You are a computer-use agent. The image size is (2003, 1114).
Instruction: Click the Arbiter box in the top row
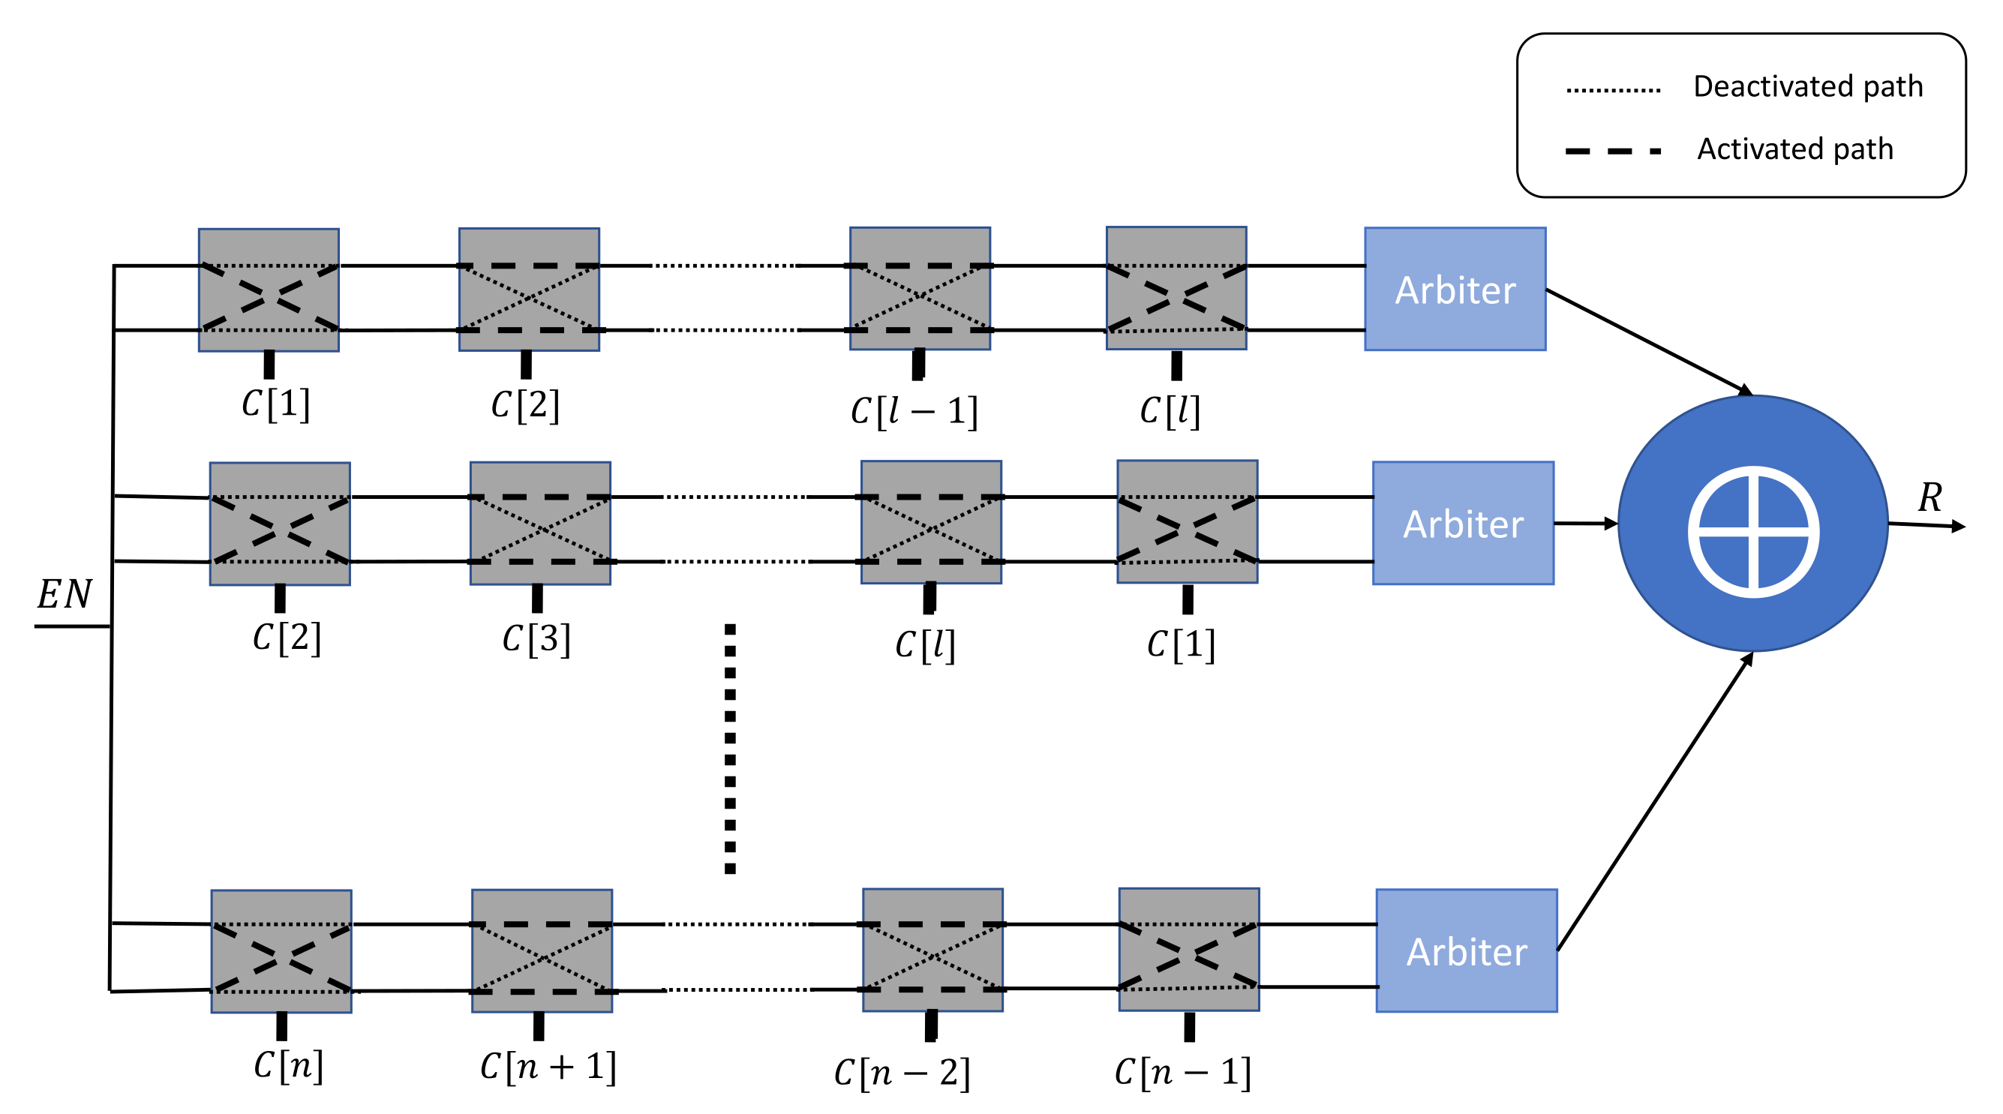(1455, 289)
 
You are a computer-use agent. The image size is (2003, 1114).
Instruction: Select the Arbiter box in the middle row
(1463, 523)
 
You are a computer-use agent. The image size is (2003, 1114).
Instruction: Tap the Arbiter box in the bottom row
(1467, 950)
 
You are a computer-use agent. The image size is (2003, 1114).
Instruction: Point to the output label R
(1930, 497)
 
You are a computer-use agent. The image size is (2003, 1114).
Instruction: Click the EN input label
(65, 595)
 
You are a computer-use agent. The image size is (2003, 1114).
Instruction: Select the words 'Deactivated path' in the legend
(1808, 86)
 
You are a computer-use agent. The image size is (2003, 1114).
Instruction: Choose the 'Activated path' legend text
(1794, 149)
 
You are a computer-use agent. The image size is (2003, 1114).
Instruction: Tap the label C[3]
(536, 639)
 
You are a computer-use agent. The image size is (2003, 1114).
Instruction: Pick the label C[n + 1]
(548, 1066)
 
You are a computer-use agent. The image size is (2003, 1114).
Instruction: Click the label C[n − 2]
(902, 1073)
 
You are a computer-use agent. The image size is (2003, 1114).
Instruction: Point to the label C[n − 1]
(1183, 1072)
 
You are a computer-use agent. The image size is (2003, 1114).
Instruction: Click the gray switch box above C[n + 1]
(542, 950)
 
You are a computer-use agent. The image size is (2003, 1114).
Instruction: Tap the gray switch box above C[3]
(540, 523)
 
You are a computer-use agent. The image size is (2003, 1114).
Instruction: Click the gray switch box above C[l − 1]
(920, 288)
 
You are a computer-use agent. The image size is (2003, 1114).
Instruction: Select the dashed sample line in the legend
(1614, 151)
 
